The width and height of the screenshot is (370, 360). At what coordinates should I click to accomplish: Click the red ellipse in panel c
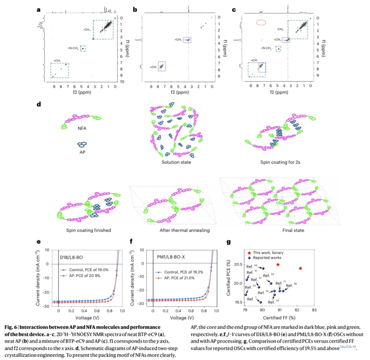(x=260, y=22)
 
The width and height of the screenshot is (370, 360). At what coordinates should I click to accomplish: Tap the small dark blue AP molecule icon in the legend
(x=82, y=145)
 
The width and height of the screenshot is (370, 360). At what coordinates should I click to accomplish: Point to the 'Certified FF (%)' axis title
(x=280, y=318)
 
